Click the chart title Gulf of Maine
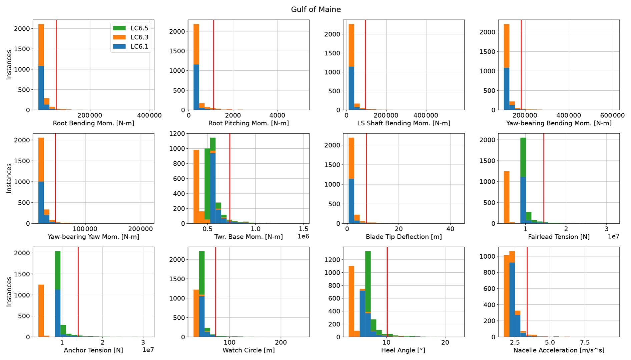point(315,9)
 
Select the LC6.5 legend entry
point(139,28)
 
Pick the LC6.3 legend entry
point(139,37)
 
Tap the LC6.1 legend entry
point(139,47)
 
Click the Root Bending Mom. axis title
point(93,123)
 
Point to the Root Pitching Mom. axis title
point(248,123)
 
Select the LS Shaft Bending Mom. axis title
point(404,123)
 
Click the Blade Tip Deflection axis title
point(404,237)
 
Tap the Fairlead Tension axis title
point(559,237)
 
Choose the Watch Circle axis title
point(248,350)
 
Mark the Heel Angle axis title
point(403,350)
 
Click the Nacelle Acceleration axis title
point(559,350)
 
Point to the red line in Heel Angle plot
point(387,293)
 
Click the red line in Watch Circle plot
point(215,293)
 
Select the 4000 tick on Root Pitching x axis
point(277,115)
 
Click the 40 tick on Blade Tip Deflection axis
point(450,229)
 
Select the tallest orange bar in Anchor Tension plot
point(41,310)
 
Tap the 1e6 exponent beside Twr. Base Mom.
point(303,236)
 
